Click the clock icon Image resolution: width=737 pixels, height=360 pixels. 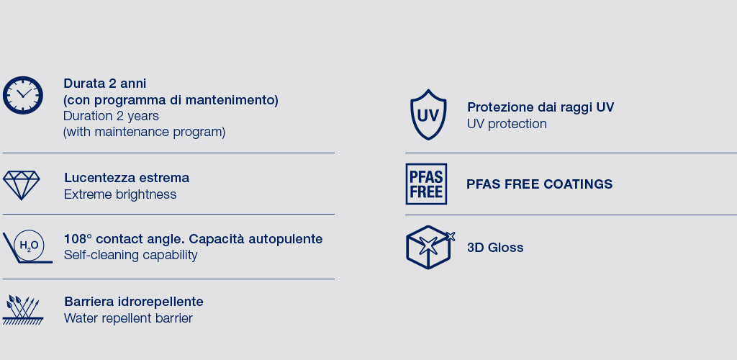22,95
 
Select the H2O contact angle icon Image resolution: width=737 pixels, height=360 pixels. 28,246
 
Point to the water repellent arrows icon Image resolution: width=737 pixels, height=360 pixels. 22,310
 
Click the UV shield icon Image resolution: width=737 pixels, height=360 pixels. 428,114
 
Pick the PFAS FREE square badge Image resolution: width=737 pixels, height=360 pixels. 426,184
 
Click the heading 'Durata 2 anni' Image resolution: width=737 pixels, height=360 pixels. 105,84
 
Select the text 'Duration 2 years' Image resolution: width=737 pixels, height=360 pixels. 111,116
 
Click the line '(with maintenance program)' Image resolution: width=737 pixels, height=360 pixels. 144,132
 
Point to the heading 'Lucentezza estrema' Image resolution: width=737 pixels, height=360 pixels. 127,178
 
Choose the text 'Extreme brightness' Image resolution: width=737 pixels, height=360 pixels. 120,194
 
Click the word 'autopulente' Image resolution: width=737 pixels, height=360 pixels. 285,239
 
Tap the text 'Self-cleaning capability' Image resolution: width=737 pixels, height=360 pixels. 131,255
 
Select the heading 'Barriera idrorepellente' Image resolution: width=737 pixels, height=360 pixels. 133,302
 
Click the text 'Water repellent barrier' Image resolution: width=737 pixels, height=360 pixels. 128,318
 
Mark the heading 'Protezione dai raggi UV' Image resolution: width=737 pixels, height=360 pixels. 541,107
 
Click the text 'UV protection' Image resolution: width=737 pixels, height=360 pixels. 507,124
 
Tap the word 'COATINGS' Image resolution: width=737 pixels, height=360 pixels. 578,184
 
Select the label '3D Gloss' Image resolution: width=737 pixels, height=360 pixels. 495,248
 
